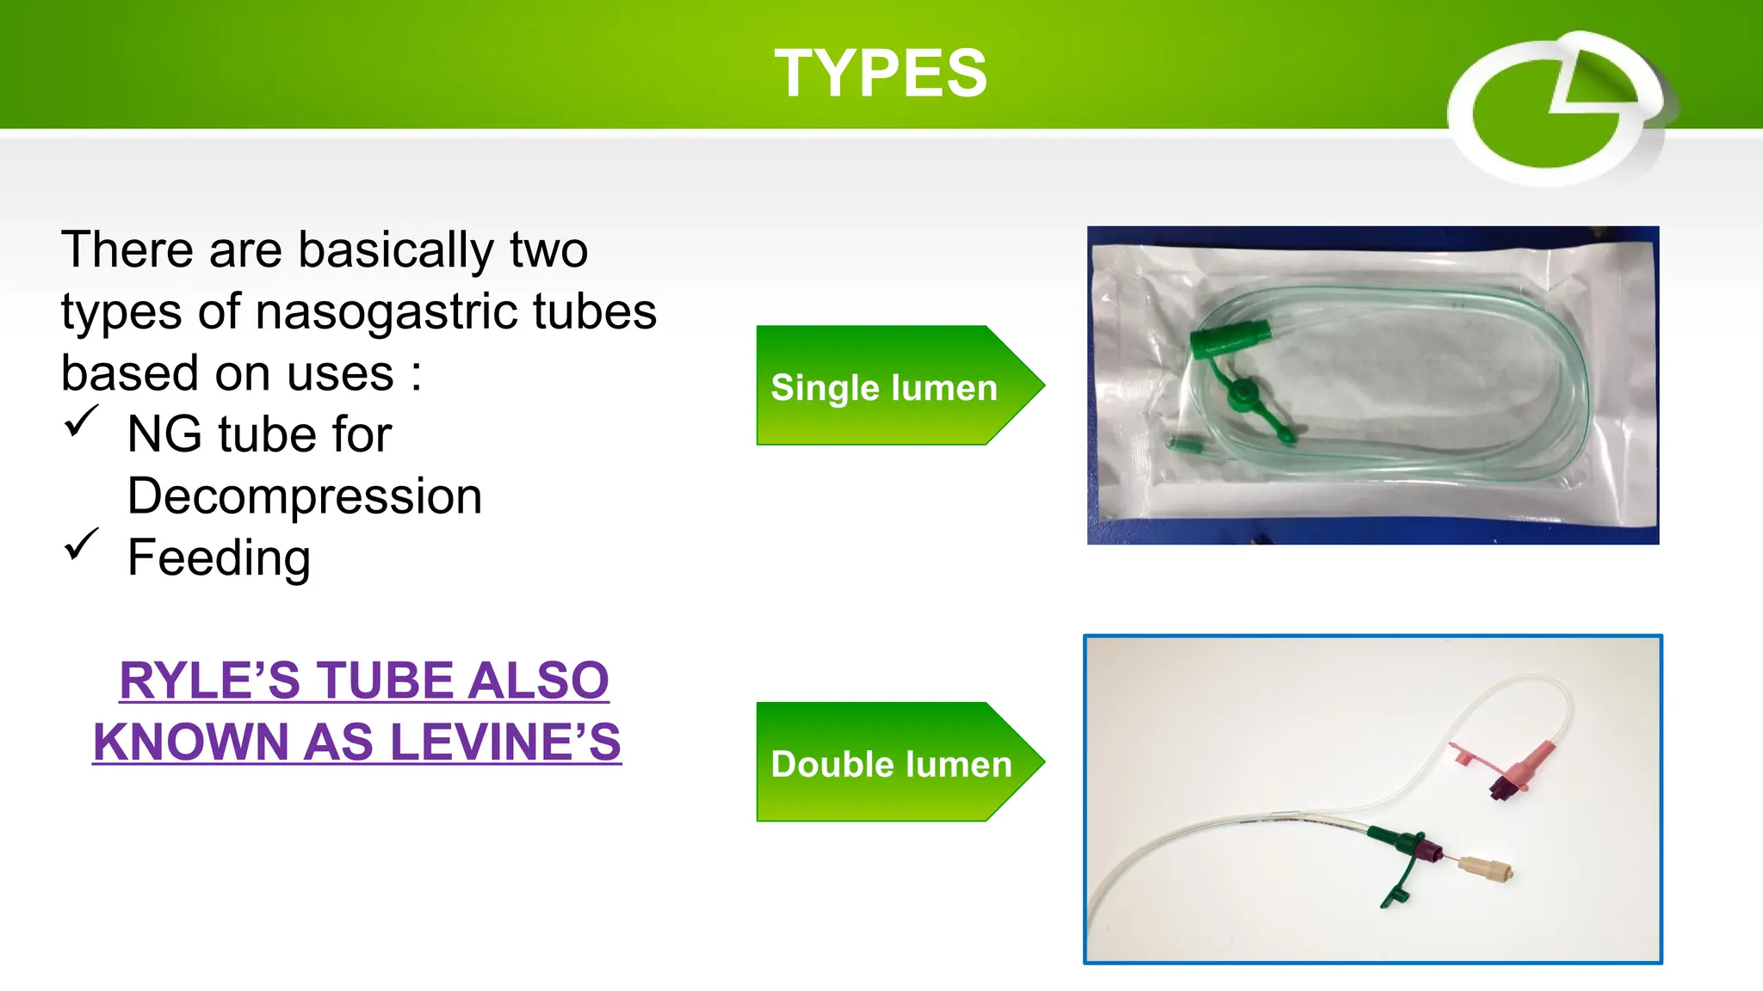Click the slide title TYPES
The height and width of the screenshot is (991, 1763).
pos(880,73)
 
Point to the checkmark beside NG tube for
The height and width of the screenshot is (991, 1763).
pos(82,422)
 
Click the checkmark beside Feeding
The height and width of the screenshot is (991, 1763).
pos(82,545)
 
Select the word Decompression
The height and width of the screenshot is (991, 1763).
pos(305,496)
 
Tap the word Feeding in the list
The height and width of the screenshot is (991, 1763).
pos(219,558)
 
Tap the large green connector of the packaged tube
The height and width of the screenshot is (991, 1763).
pos(1229,338)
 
